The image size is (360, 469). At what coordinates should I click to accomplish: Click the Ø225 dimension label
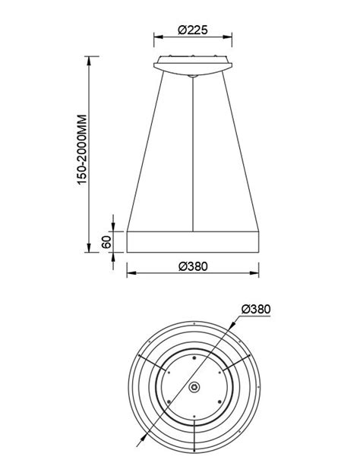pyautogui.click(x=193, y=30)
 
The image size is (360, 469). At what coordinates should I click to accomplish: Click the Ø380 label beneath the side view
pyautogui.click(x=193, y=266)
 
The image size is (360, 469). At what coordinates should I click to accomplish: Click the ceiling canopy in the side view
pyautogui.click(x=193, y=64)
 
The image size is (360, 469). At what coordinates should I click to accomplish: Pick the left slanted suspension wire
pyautogui.click(x=145, y=152)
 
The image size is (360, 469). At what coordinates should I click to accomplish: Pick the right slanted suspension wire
pyautogui.click(x=242, y=152)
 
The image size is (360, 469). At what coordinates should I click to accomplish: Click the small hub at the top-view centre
pyautogui.click(x=194, y=387)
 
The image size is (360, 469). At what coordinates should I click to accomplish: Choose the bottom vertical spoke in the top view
pyautogui.click(x=194, y=436)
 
